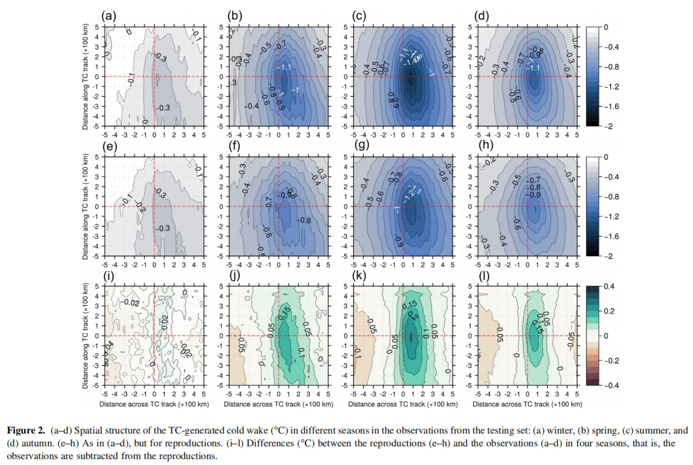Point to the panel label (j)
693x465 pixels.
pos(234,276)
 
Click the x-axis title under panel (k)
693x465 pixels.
pos(403,404)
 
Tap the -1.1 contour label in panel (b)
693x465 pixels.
pos(287,67)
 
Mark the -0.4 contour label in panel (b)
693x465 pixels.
pos(251,106)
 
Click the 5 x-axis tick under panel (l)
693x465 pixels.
pos(577,393)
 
